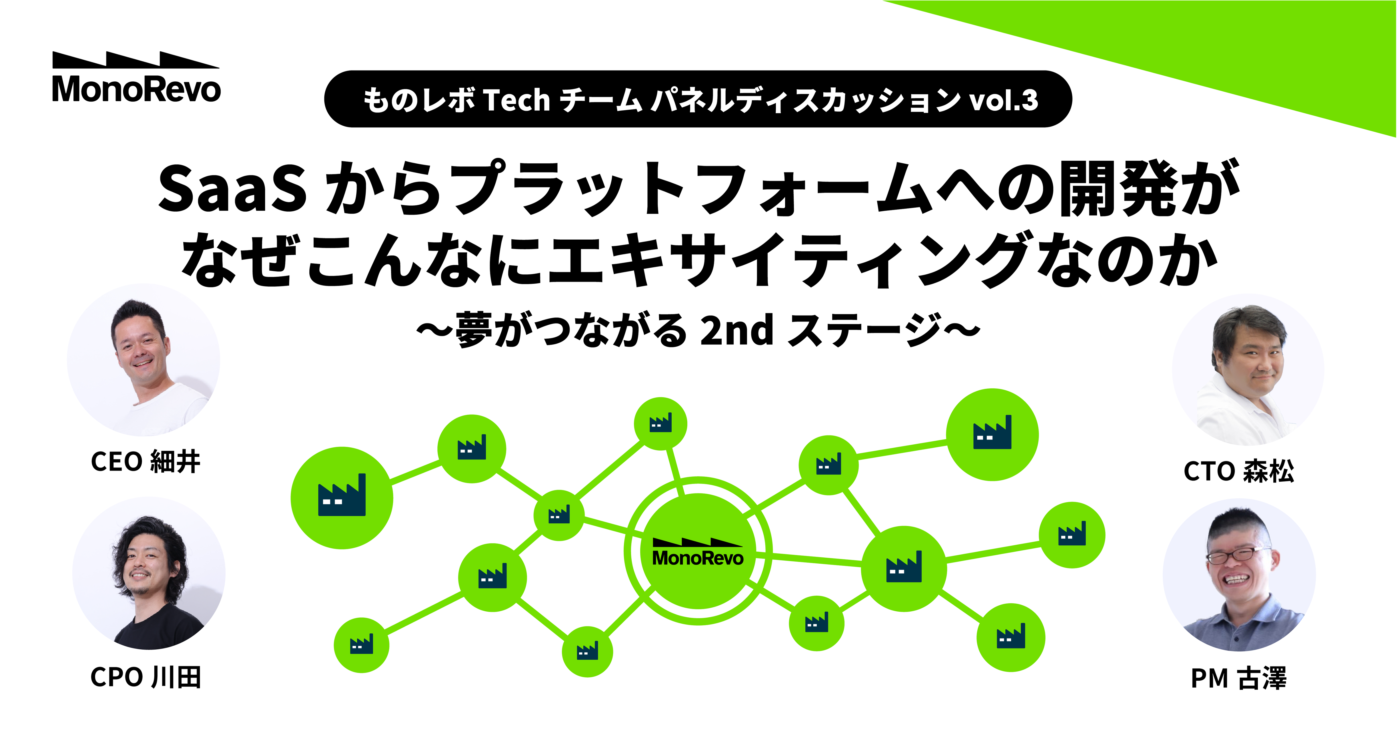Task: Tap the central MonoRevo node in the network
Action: pos(698,551)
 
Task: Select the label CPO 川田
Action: pos(145,677)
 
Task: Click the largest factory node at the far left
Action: pos(342,497)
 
